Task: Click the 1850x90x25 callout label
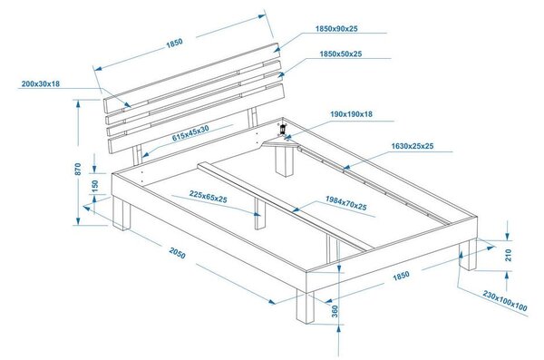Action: [x=336, y=29]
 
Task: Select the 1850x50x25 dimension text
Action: [x=341, y=54]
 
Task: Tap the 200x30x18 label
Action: [x=41, y=83]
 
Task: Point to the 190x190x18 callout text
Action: [x=351, y=114]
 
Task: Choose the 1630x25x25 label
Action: [x=413, y=146]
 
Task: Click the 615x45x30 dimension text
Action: [x=190, y=133]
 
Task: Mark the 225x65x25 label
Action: [x=209, y=197]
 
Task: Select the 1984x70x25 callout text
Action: [x=346, y=203]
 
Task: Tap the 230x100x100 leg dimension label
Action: [x=505, y=301]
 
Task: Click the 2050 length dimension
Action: [x=178, y=253]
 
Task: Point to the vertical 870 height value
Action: [x=78, y=169]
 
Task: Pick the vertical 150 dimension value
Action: [x=94, y=186]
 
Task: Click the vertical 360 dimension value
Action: [x=335, y=311]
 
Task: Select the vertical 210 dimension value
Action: [x=509, y=255]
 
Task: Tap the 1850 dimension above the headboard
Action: [x=174, y=44]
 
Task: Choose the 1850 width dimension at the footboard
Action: [x=401, y=276]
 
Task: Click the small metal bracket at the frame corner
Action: [x=282, y=129]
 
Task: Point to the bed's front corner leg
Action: [x=306, y=307]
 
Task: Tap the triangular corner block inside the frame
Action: [x=280, y=144]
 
